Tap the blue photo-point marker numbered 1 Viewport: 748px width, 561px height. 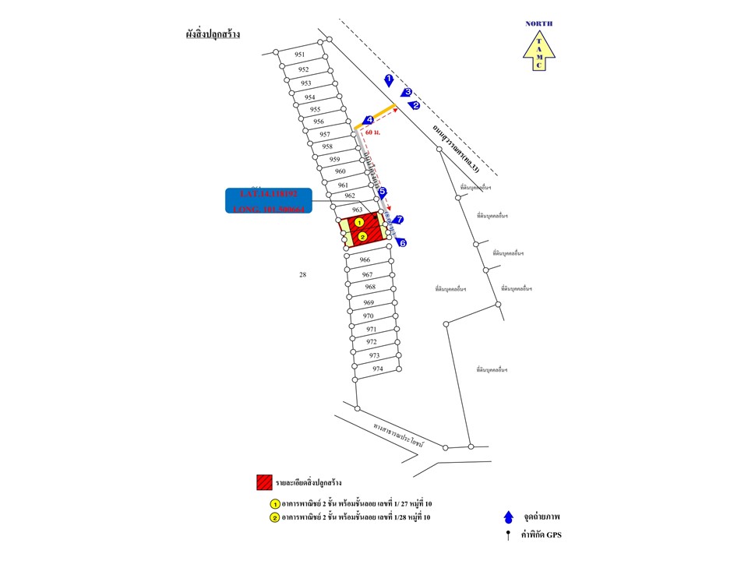point(389,79)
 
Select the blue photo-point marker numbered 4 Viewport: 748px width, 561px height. point(368,120)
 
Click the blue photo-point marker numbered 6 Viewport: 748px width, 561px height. point(402,243)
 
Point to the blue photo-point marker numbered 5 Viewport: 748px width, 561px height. point(383,192)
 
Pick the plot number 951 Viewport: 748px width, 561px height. point(300,55)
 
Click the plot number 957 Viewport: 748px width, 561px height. point(325,134)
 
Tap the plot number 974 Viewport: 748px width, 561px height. point(377,369)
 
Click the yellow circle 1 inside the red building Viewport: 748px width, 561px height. point(359,222)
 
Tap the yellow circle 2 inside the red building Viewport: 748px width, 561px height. point(362,236)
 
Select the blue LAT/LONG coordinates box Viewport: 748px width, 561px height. point(269,201)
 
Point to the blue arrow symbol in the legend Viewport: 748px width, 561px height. point(508,516)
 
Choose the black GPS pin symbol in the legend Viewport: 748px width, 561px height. point(508,535)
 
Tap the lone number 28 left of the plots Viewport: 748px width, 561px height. point(303,274)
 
